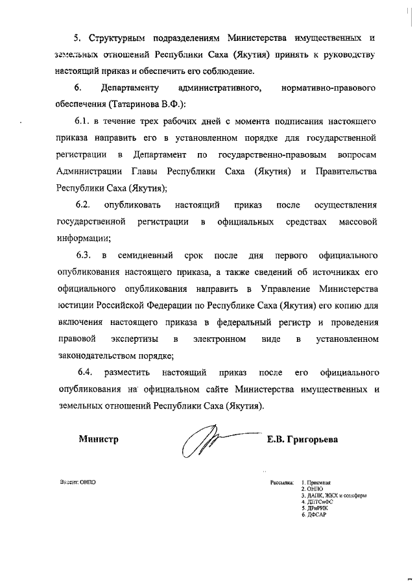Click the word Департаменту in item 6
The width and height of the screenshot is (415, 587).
point(130,87)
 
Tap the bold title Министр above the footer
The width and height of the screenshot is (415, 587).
point(99,439)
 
